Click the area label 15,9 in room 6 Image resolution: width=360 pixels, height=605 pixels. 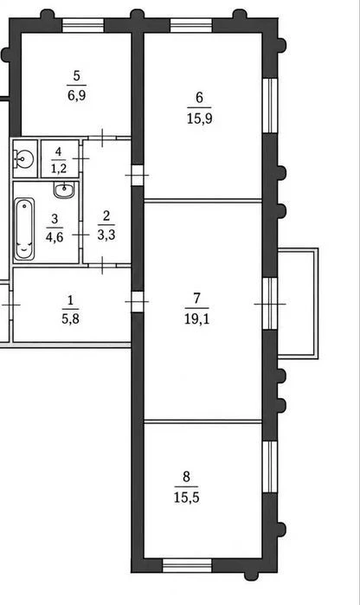coord(200,119)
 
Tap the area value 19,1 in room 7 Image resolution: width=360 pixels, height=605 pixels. coord(196,319)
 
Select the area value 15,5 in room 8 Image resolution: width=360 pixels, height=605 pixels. coord(186,498)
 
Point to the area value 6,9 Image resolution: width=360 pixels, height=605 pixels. coord(77,95)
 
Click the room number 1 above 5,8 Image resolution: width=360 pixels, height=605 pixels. coord(70,300)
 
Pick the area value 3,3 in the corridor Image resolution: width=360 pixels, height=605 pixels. coord(106,235)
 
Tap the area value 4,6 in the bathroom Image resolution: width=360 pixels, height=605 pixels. coord(55,237)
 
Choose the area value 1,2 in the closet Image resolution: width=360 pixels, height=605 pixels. coord(59,168)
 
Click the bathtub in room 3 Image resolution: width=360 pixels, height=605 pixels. coord(24,228)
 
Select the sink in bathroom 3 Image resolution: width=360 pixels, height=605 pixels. coord(64,190)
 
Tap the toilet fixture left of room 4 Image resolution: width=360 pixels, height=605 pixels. coord(24,158)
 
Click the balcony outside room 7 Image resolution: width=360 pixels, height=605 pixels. coord(298,303)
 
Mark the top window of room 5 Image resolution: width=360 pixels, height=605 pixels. coord(83,25)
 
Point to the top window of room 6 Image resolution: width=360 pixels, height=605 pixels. coord(191,25)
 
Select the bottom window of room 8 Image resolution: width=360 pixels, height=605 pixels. coord(187,565)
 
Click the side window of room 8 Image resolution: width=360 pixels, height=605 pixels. coord(270,467)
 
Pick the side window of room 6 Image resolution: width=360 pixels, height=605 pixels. coord(270,106)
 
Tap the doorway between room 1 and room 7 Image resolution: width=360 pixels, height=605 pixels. coord(138,302)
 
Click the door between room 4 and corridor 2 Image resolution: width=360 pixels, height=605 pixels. coord(80,158)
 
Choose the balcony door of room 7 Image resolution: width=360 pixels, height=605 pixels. coord(270,304)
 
